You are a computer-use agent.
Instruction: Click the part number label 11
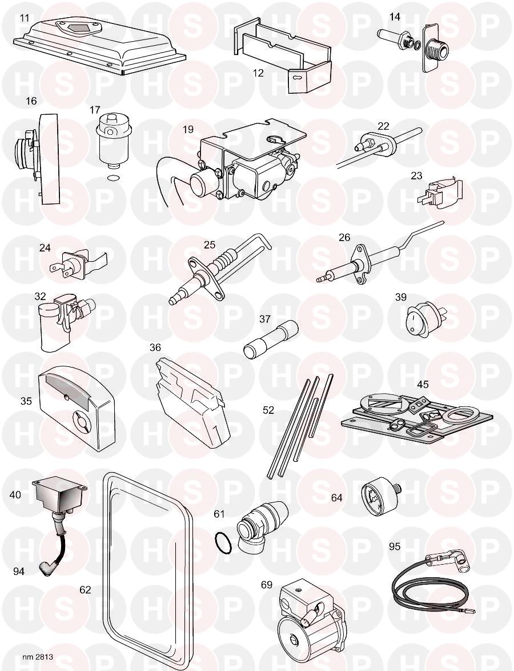24,18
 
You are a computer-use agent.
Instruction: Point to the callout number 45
422,384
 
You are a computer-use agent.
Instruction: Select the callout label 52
268,410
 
